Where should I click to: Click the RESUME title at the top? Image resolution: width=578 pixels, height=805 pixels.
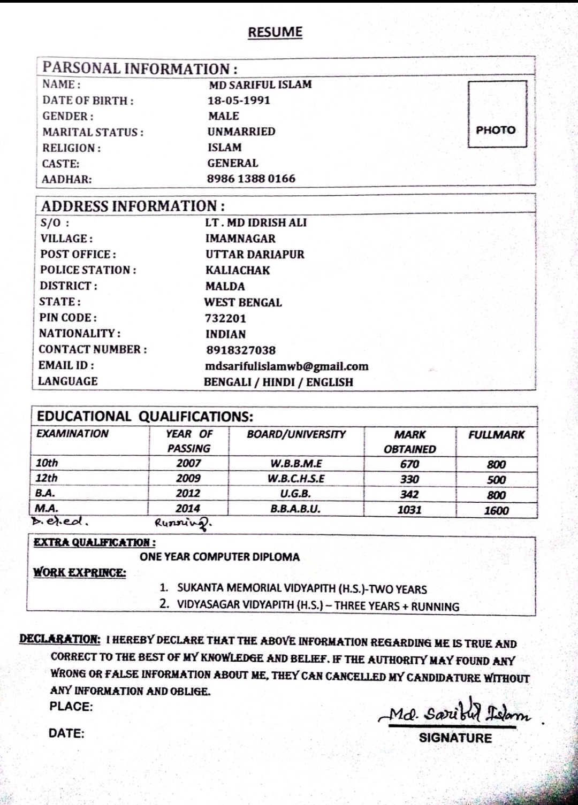click(275, 32)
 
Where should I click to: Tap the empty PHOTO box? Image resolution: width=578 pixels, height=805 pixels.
click(497, 114)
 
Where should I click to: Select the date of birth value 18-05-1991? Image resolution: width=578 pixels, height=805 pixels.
click(239, 100)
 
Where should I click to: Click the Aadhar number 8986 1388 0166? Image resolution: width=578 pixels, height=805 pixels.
click(251, 179)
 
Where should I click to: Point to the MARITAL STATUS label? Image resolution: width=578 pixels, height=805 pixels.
click(93, 132)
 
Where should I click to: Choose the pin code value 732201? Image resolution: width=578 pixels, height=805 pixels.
click(225, 318)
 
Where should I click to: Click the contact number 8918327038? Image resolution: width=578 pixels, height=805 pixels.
click(241, 350)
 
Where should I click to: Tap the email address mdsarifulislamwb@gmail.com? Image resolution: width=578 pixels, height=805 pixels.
click(287, 366)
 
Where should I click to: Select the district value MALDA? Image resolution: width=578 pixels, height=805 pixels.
click(225, 286)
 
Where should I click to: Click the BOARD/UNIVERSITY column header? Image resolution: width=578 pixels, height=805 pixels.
click(296, 434)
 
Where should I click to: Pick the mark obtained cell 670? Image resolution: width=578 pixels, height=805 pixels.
click(409, 464)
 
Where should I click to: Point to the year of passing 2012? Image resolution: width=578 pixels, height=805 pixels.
click(188, 493)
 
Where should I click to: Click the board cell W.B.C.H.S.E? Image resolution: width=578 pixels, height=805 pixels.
click(296, 479)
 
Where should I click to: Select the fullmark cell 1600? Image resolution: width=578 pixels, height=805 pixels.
click(496, 510)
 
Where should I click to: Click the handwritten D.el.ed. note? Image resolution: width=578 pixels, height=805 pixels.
click(59, 520)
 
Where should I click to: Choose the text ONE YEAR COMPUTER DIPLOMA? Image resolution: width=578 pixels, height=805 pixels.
click(219, 557)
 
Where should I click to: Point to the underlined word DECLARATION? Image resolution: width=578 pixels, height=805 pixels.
click(59, 639)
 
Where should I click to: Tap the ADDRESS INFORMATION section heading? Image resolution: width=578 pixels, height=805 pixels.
click(133, 206)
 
